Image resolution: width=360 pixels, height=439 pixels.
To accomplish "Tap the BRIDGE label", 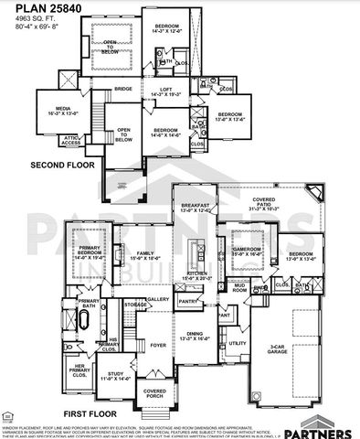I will [122, 89].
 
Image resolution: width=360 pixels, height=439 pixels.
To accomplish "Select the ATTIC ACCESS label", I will [71, 140].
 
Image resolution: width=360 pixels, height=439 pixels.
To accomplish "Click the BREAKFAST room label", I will [195, 206].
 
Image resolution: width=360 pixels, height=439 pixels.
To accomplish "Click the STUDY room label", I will [115, 374].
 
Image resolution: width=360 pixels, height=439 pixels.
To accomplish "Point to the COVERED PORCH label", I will [154, 393].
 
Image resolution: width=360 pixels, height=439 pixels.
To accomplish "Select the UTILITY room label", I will [238, 344].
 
